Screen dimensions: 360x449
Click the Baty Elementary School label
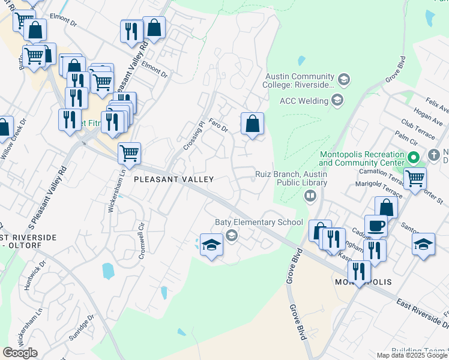click(259, 222)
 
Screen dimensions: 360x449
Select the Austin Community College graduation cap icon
click(344, 79)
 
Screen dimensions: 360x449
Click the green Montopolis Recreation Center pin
click(414, 159)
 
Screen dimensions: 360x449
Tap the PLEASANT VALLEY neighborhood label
click(173, 179)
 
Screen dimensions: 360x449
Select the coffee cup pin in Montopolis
click(376, 226)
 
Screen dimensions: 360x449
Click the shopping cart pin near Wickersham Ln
click(129, 154)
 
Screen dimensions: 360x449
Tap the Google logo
click(19, 353)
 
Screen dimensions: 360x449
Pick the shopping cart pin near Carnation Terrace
click(415, 178)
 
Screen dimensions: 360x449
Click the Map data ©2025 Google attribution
click(412, 355)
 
